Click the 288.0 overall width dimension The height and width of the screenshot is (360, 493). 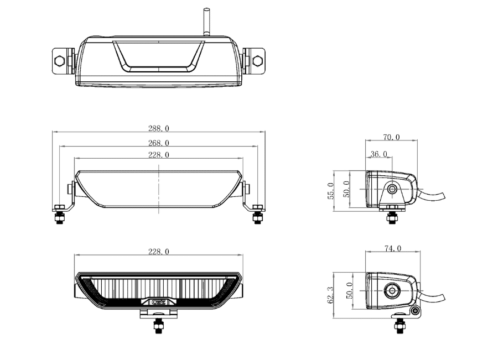tap(159, 128)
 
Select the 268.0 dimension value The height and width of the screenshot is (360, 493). tap(159, 143)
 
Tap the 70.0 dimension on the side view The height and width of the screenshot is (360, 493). tap(391, 137)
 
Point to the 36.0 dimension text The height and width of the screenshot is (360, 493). tap(378, 154)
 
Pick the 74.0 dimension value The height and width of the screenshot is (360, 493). tap(392, 249)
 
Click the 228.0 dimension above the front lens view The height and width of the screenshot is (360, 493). tap(159, 252)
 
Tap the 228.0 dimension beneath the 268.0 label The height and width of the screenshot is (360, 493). tap(159, 155)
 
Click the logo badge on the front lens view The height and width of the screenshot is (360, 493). tap(159, 302)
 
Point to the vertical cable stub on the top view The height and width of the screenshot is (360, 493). tap(206, 22)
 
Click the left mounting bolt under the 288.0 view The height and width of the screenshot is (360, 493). tap(60, 216)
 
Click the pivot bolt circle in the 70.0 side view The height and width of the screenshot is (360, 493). tap(392, 189)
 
